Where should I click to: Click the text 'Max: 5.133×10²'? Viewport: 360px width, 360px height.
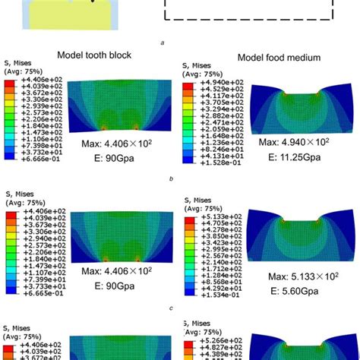[x=293, y=276]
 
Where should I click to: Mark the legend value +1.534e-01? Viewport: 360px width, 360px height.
[x=215, y=297]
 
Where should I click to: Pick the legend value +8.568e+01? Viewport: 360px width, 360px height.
[x=216, y=282]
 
